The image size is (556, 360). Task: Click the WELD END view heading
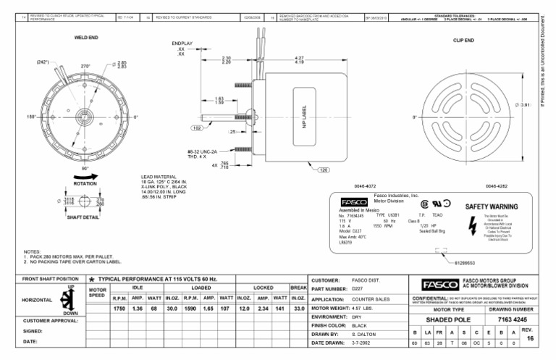point(86,36)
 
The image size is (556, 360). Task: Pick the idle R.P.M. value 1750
point(119,308)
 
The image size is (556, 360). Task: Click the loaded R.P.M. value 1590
point(190,308)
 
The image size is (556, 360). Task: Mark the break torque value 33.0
point(298,308)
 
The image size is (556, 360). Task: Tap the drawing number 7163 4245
point(505,319)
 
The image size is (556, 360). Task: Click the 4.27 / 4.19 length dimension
point(299,61)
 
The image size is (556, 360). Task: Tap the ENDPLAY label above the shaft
point(182,44)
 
